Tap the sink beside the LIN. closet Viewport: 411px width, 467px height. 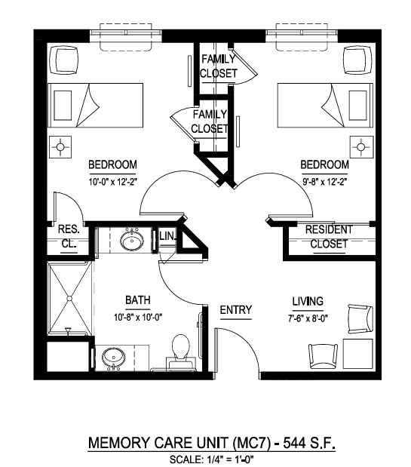(132, 241)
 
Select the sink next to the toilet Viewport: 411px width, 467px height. (114, 358)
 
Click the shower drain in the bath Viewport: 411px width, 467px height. (69, 298)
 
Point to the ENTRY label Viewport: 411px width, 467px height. (236, 310)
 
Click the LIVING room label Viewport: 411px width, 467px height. (308, 301)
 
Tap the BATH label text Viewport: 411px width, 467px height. (138, 300)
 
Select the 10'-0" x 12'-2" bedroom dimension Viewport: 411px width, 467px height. (113, 182)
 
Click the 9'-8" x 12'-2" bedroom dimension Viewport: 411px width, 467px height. (325, 182)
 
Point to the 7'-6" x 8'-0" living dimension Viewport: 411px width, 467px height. (308, 318)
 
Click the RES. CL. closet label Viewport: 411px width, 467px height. (69, 236)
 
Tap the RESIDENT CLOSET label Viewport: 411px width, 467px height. (329, 237)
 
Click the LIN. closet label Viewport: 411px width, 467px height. (168, 236)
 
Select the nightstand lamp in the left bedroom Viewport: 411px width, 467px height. (60, 147)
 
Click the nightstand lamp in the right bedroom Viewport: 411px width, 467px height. (361, 147)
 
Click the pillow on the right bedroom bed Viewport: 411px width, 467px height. (357, 105)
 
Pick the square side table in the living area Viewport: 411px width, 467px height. (357, 354)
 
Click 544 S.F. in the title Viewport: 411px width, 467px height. (309, 443)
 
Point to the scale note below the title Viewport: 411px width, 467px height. (211, 459)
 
